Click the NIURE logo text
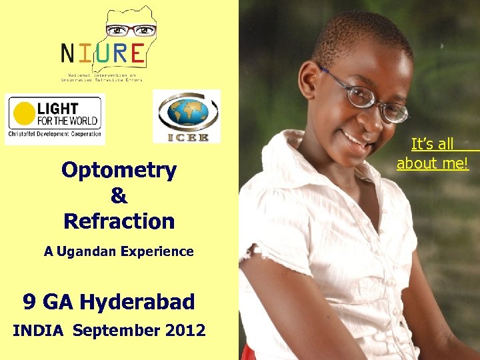pyautogui.click(x=102, y=52)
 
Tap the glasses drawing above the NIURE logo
pyautogui.click(x=131, y=30)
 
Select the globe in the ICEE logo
pyautogui.click(x=187, y=113)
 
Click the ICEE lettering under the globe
pyautogui.click(x=187, y=137)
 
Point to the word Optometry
pyautogui.click(x=119, y=171)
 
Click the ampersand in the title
pyautogui.click(x=119, y=196)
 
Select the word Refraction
pyautogui.click(x=119, y=221)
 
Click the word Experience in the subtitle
pyautogui.click(x=159, y=252)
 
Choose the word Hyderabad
pyautogui.click(x=137, y=302)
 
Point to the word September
pyautogui.click(x=117, y=331)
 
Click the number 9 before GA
pyautogui.click(x=29, y=302)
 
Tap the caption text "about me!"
pyautogui.click(x=433, y=163)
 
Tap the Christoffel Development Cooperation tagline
pyautogui.click(x=54, y=134)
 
